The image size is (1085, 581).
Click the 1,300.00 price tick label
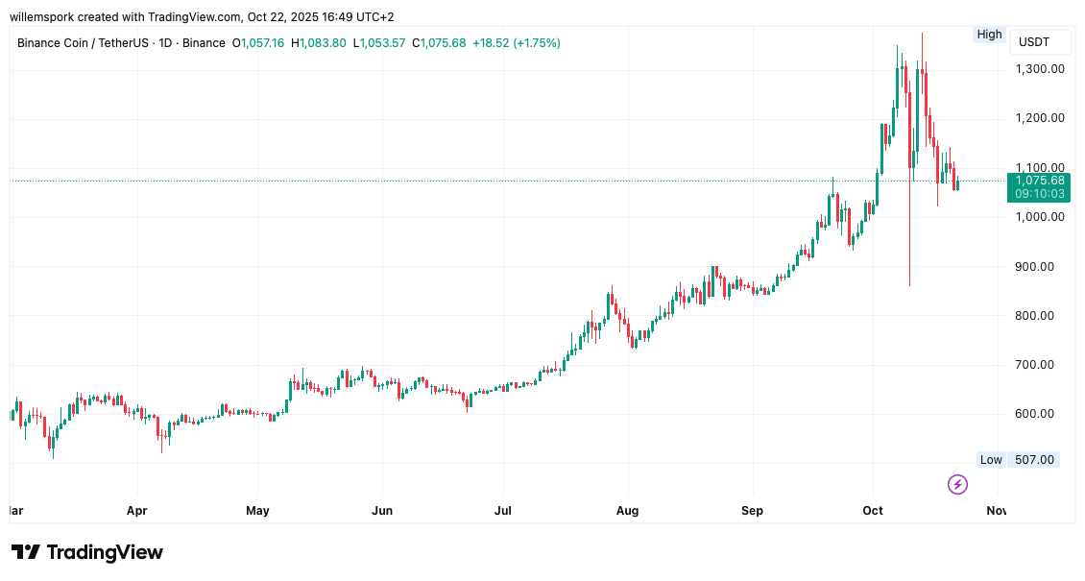coord(1040,69)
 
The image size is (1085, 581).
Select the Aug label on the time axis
coord(627,511)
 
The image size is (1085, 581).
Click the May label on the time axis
coord(257,511)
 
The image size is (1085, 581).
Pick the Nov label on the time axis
coord(997,511)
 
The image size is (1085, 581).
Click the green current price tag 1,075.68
coord(1040,181)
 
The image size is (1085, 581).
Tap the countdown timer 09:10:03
coord(1040,194)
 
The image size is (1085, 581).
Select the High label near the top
coord(989,35)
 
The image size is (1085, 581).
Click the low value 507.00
coord(1034,460)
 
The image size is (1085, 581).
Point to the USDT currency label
coord(1034,42)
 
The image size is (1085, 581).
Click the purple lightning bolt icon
coord(957,484)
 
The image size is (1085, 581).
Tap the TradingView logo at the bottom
coord(87,552)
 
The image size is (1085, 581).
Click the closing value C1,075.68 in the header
coord(439,43)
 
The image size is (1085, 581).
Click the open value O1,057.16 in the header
coord(258,43)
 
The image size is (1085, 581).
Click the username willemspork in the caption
coord(47,16)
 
